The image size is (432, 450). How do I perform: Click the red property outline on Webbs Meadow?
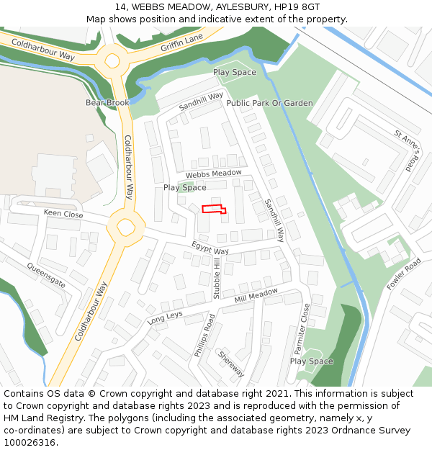214,209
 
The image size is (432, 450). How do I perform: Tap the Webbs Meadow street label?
213,174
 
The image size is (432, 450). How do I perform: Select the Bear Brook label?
107,103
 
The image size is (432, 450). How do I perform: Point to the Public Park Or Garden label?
269,103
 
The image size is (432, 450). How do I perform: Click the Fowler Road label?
403,274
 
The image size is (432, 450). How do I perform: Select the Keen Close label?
63,214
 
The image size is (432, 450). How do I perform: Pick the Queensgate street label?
46,275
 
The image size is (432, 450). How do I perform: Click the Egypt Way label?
210,248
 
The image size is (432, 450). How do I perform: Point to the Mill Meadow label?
256,295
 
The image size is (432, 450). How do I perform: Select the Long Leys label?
165,318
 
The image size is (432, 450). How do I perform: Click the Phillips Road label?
204,336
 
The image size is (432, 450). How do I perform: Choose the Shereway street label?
231,364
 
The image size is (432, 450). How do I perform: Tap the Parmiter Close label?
301,328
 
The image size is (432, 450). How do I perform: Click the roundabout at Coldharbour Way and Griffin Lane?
113,60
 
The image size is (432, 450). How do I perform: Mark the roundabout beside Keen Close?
125,228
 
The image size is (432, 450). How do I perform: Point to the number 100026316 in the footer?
30,442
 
